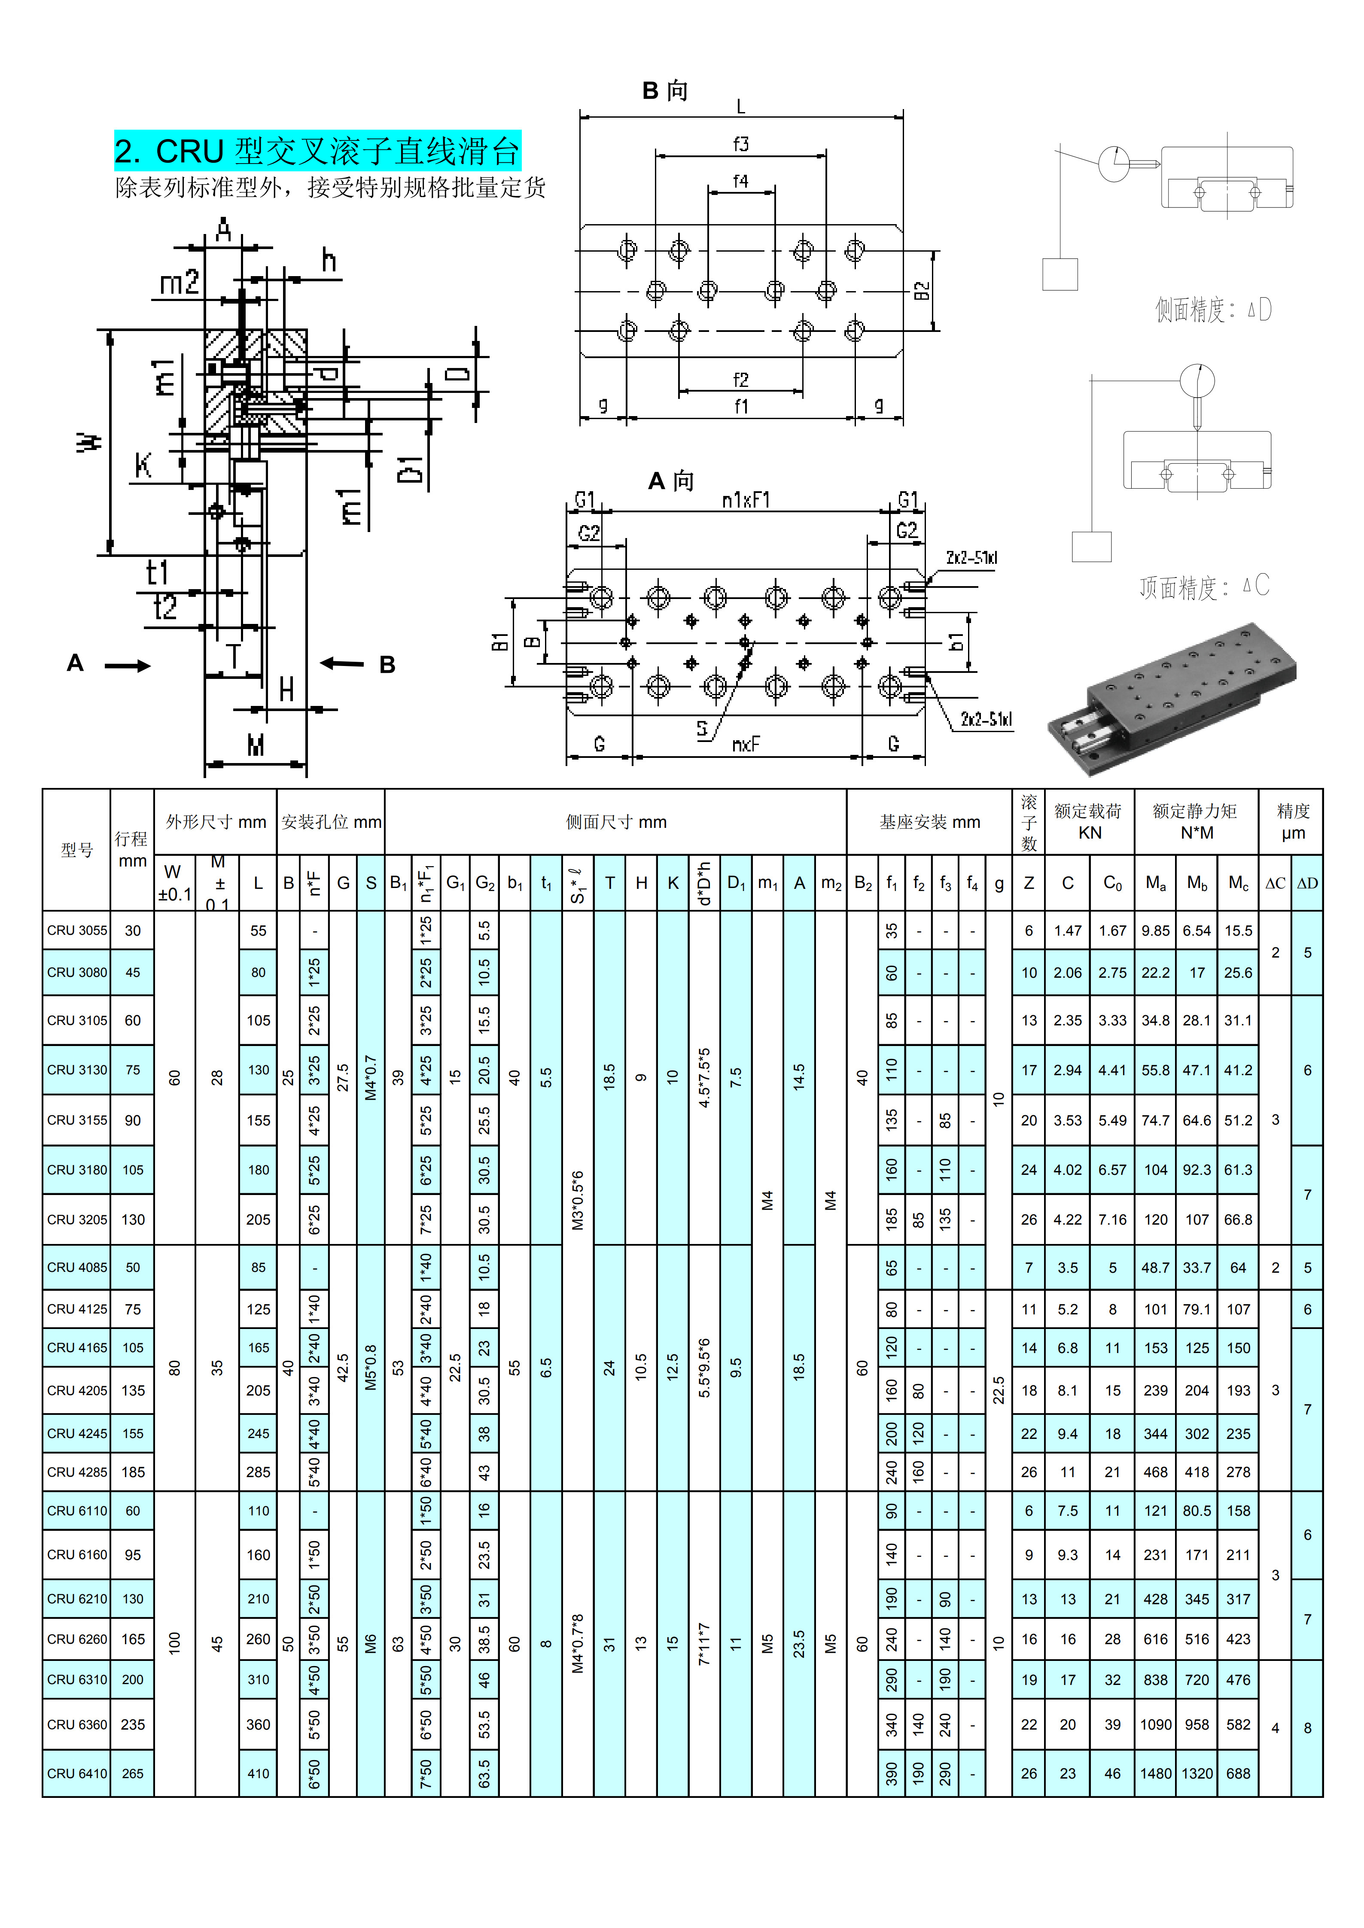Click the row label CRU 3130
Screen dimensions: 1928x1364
(76, 1070)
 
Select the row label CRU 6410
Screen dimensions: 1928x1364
(76, 1773)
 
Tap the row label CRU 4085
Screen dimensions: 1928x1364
(76, 1267)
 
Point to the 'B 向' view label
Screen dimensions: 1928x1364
(664, 91)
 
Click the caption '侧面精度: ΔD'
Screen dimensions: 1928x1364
(1213, 310)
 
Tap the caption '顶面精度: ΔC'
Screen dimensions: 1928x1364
(1203, 586)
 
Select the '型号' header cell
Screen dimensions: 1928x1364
(76, 850)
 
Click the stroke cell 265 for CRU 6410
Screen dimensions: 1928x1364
(133, 1773)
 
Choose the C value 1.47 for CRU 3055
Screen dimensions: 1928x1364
(1068, 931)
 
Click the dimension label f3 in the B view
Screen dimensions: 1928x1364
(740, 144)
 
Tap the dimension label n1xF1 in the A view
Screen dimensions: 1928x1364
(746, 501)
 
